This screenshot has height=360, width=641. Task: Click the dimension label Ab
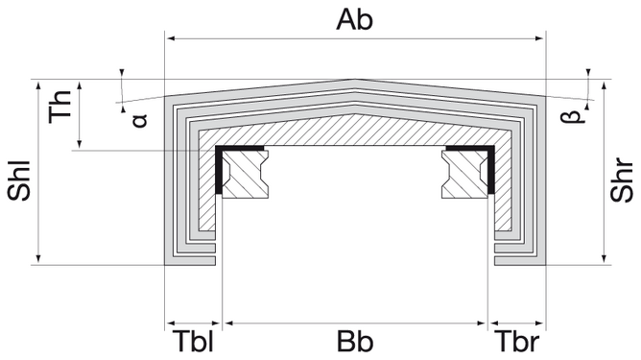pyautogui.click(x=355, y=18)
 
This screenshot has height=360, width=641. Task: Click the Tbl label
pyautogui.click(x=193, y=343)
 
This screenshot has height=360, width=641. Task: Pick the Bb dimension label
pyautogui.click(x=355, y=343)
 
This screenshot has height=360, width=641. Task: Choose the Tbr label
pyautogui.click(x=518, y=343)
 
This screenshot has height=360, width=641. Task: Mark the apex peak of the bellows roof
pyautogui.click(x=355, y=81)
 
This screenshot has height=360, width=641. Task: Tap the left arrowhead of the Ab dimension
pyautogui.click(x=171, y=38)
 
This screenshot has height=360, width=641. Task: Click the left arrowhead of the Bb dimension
pyautogui.click(x=226, y=323)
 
